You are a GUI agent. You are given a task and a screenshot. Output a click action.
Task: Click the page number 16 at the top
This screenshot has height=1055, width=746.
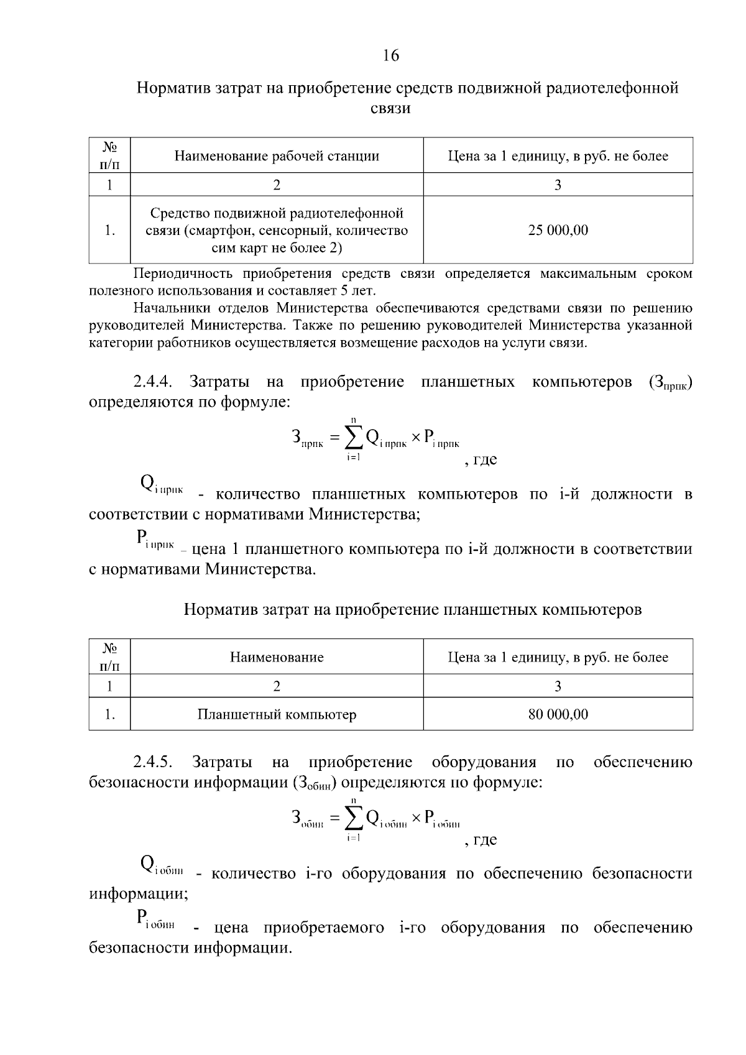(390, 55)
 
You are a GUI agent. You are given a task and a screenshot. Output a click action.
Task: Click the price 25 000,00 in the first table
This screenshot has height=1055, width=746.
(558, 231)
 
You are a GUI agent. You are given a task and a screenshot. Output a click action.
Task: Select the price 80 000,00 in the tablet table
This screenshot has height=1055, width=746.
(558, 714)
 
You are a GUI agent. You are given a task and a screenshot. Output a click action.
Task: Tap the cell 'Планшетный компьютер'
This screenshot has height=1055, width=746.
(277, 714)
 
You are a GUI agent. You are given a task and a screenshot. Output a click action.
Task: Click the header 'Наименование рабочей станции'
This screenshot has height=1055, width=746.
(277, 156)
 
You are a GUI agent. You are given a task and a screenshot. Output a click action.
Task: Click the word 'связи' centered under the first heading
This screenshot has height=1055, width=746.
(390, 109)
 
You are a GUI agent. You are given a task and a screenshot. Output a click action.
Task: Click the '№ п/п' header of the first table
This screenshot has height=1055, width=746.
(110, 155)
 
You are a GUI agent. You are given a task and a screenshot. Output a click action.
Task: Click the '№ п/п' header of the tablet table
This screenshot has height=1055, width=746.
(110, 657)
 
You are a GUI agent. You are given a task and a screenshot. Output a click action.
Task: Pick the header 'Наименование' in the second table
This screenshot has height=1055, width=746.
(277, 657)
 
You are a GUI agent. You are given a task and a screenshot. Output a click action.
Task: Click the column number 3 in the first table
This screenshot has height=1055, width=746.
(558, 185)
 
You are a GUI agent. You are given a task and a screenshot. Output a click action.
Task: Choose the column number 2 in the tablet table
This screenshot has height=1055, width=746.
(277, 686)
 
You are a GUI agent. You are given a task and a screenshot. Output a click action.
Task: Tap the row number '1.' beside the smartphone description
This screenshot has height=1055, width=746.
(110, 231)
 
